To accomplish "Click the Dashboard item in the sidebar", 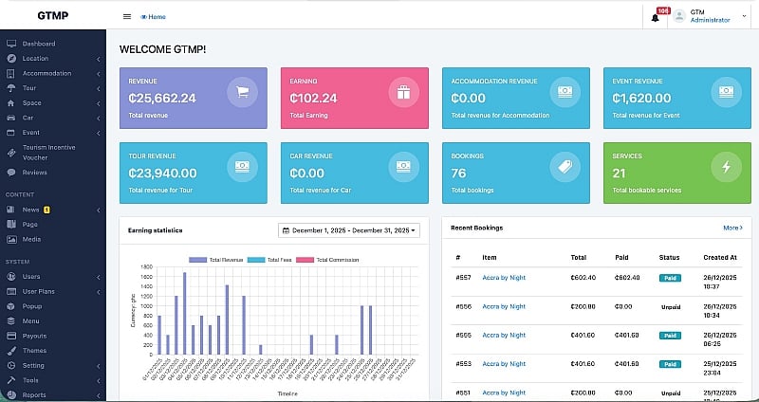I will click(x=39, y=44).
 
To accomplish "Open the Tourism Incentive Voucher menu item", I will click(x=48, y=152).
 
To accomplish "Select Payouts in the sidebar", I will click(x=34, y=336).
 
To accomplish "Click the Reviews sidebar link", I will click(x=35, y=173).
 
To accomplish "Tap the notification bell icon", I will click(x=655, y=17).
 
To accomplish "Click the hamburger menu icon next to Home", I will click(x=127, y=16).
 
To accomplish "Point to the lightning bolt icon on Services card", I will click(x=726, y=167).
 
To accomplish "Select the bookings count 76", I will click(x=458, y=174).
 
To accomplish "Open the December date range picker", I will click(x=348, y=230).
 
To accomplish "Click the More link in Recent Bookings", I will click(x=731, y=228).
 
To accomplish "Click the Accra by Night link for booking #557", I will click(x=504, y=278).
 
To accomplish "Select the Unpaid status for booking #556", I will click(x=670, y=306).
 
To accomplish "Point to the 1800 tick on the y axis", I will click(x=145, y=266).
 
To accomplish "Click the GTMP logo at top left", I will click(x=52, y=16).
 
